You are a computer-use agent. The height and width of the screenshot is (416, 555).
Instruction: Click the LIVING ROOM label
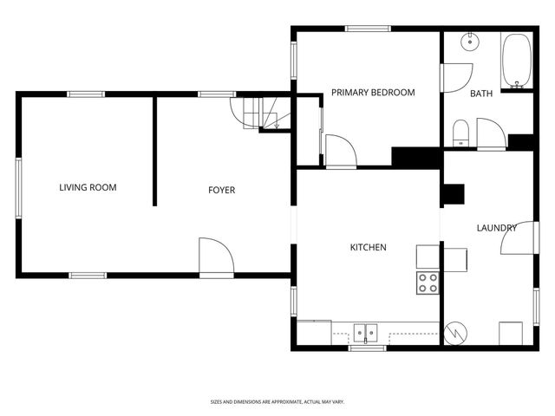click(x=88, y=187)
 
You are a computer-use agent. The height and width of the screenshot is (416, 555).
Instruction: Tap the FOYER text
click(x=221, y=190)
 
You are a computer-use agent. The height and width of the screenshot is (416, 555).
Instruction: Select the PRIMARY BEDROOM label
click(x=373, y=93)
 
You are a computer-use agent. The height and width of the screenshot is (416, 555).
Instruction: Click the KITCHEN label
click(x=368, y=248)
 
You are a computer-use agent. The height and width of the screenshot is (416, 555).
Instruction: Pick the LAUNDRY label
click(x=496, y=228)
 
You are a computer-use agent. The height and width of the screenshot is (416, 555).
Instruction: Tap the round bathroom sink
click(x=469, y=41)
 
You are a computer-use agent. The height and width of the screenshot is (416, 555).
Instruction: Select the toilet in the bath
click(x=461, y=133)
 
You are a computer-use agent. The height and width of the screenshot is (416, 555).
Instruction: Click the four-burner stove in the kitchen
click(x=428, y=283)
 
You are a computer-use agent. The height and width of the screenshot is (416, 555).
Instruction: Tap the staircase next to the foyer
click(x=260, y=113)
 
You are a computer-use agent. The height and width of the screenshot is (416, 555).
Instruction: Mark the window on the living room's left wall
click(x=18, y=186)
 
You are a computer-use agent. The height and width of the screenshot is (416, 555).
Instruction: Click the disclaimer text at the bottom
click(x=277, y=401)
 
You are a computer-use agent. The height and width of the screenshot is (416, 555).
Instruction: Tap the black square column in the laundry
click(x=453, y=194)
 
